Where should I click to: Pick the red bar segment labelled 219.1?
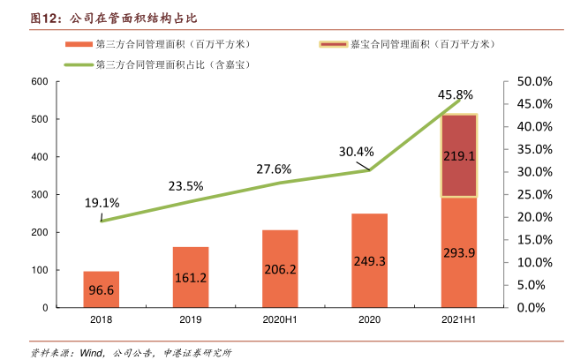459,156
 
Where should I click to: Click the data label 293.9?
459,253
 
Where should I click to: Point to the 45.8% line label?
456,94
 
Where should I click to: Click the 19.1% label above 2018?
102,203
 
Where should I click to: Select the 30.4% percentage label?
357,151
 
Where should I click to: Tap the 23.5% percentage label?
185,186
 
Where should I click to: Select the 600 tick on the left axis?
39,82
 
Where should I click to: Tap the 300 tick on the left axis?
39,195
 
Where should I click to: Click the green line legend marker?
79,64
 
